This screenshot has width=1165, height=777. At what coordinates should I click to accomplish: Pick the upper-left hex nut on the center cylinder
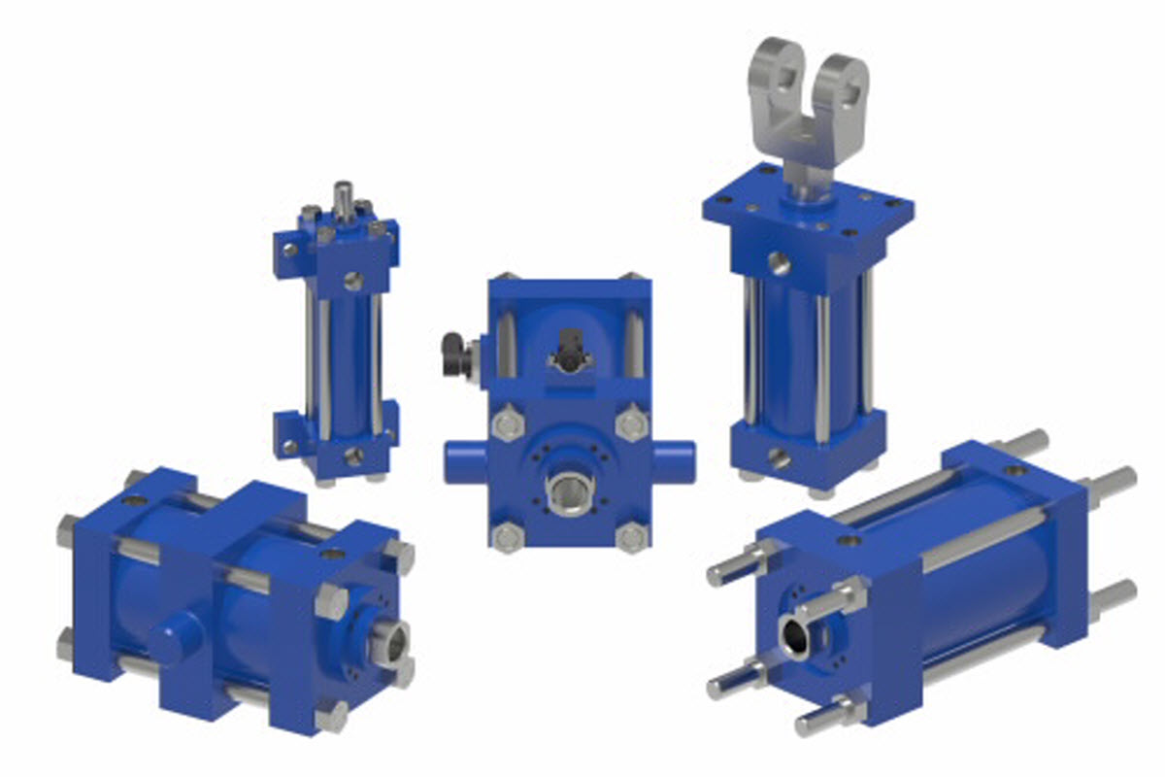pos(508,424)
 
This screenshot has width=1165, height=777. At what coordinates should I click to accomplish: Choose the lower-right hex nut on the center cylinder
pos(632,537)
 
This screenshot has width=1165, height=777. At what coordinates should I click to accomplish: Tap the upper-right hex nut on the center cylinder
pos(632,424)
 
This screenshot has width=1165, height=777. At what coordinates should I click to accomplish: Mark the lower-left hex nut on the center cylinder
pos(507,537)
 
